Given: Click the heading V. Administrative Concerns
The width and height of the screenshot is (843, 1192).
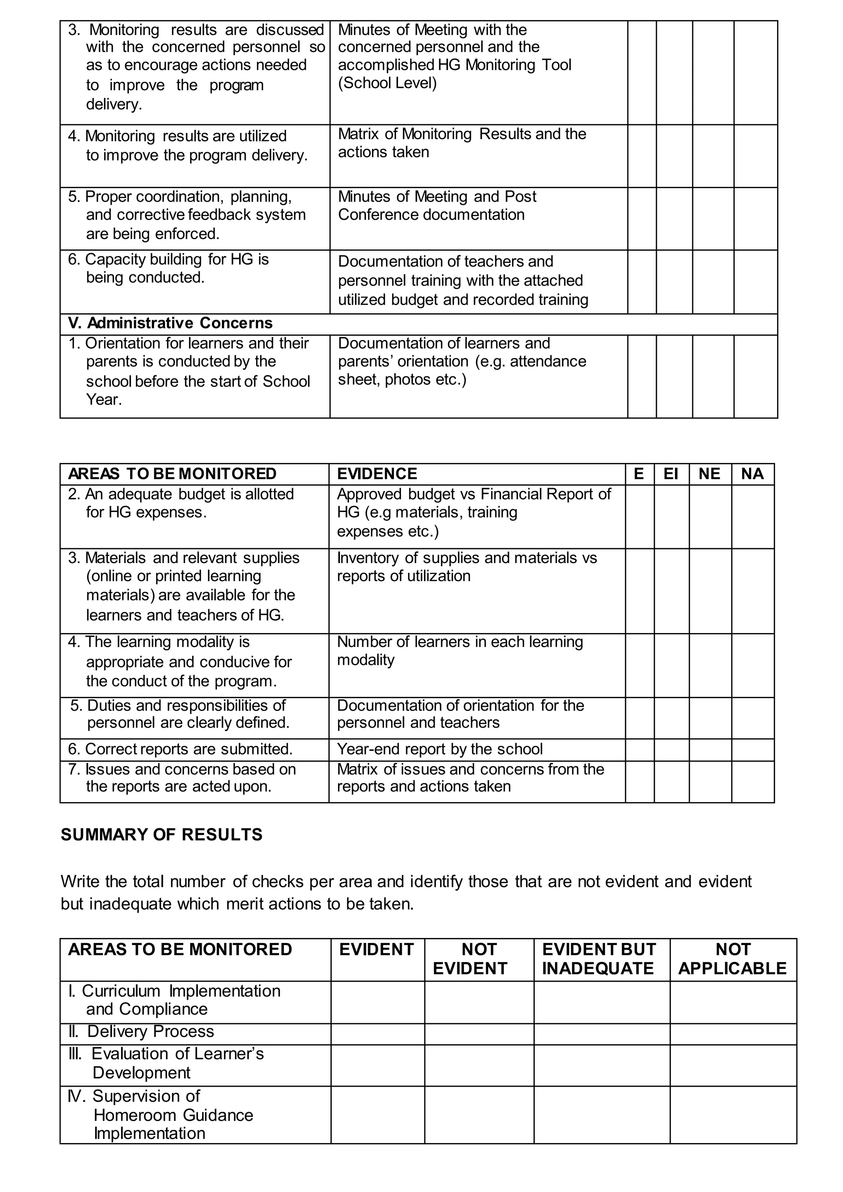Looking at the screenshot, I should coord(170,324).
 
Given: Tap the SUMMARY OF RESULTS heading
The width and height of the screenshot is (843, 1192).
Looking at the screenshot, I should coord(161,835).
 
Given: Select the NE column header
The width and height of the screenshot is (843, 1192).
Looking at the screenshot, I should coord(710,474).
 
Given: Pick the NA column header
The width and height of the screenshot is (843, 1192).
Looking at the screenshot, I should coord(752,474).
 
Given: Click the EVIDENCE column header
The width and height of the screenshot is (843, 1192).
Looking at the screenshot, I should coord(377,474).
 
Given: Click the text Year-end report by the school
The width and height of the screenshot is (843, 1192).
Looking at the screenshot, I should coord(440,749).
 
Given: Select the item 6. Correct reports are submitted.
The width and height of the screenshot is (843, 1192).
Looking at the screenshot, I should coord(180,749).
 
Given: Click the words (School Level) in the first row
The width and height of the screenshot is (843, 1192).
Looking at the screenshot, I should coord(387,83).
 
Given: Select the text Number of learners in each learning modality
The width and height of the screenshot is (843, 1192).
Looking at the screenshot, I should coord(459,651).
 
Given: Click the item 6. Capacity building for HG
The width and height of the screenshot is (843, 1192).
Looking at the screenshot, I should coord(168,268).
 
